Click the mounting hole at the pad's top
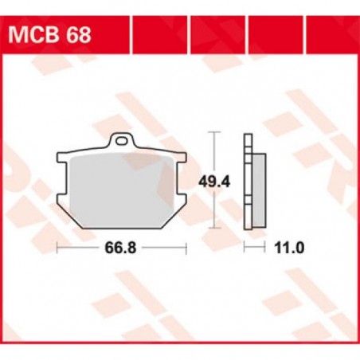coord(122,143)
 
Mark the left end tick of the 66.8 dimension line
coord(58,248)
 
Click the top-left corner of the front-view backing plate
coord(60,153)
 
